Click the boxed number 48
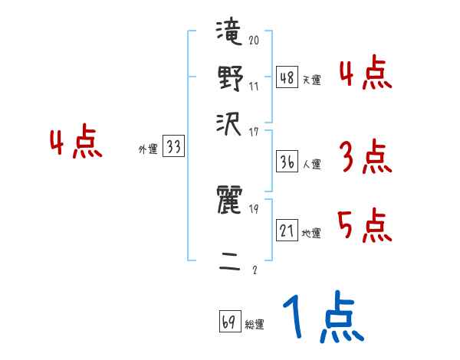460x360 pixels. pyautogui.click(x=287, y=77)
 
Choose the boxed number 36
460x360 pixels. pyautogui.click(x=287, y=162)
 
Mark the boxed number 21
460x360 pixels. pyautogui.click(x=287, y=231)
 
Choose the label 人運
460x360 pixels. pyautogui.click(x=311, y=164)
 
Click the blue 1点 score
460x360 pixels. pyautogui.click(x=323, y=318)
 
